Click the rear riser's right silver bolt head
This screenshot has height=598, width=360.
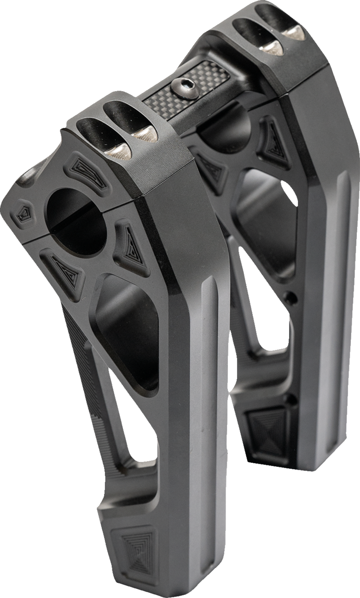tap(293, 32)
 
